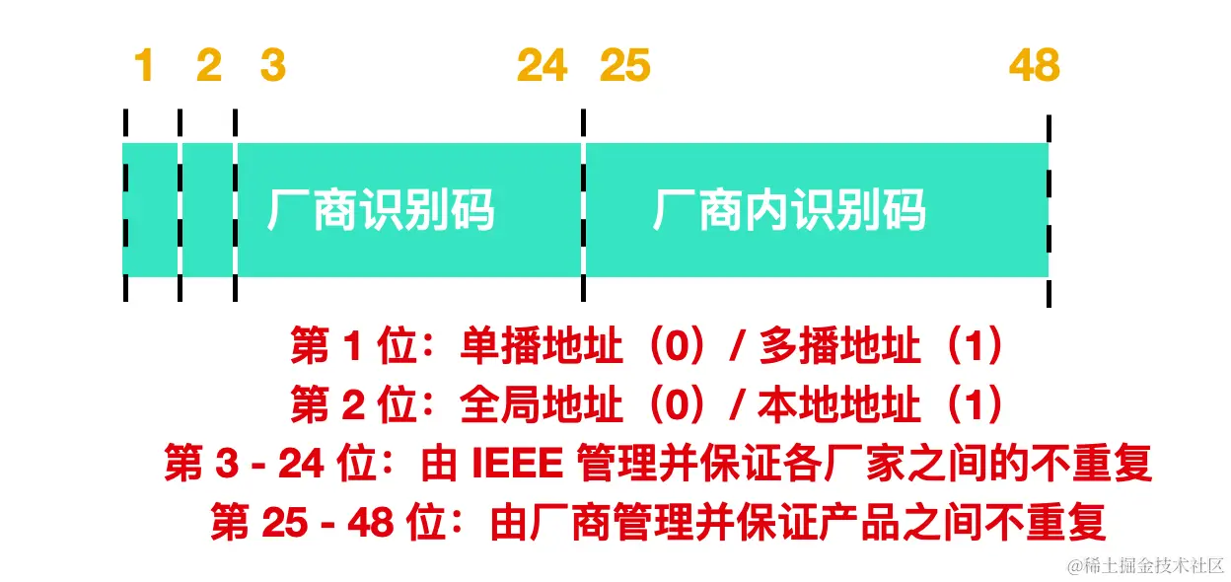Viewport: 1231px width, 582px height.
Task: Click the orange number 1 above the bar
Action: (144, 66)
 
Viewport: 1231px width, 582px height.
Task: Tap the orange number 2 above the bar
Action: (209, 66)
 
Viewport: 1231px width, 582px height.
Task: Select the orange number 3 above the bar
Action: (273, 66)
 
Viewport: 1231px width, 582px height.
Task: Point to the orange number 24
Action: (543, 66)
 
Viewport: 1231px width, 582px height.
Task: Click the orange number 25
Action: (625, 66)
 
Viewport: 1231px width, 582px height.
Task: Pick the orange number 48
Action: (1034, 66)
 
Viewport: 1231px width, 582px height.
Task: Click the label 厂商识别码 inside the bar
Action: (381, 210)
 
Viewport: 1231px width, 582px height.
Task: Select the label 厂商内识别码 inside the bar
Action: (789, 210)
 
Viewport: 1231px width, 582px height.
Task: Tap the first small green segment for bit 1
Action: (151, 209)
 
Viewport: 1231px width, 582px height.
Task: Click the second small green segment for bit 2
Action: (208, 209)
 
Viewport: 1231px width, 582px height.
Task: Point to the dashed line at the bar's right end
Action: (1048, 209)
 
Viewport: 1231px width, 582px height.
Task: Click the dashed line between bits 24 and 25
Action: (584, 209)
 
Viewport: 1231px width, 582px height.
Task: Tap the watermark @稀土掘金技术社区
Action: (1143, 565)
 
